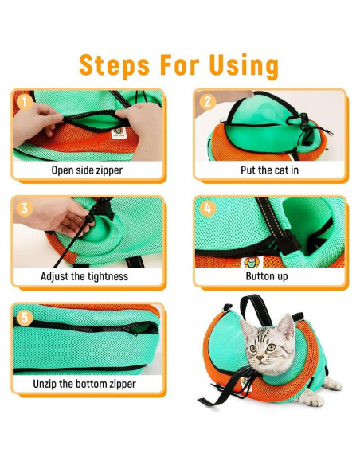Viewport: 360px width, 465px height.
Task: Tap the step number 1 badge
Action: pos(25,103)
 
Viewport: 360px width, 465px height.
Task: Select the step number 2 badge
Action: pos(207,103)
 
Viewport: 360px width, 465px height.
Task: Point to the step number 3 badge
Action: pos(25,209)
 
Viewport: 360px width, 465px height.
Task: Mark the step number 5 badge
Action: pos(25,317)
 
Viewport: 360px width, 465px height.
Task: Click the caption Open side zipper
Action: pos(88,170)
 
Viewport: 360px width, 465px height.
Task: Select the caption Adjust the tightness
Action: pos(88,277)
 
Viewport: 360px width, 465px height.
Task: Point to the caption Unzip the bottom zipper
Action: pos(88,384)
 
